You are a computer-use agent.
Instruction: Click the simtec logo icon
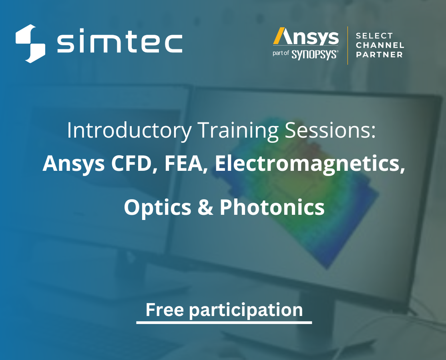point(30,44)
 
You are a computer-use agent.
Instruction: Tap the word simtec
point(120,43)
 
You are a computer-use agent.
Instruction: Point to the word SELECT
point(374,36)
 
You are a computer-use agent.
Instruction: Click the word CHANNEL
point(380,45)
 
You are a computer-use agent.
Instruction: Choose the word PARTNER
point(379,55)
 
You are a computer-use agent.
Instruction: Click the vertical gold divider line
point(347,45)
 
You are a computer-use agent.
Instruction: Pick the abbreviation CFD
point(135,164)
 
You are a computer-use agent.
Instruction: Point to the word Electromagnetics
point(309,164)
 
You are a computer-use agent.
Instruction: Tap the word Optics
point(157,207)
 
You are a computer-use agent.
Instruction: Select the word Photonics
point(272,207)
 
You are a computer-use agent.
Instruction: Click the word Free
point(164,310)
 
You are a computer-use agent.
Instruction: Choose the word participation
point(246,310)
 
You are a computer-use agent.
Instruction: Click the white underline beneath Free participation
point(224,322)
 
